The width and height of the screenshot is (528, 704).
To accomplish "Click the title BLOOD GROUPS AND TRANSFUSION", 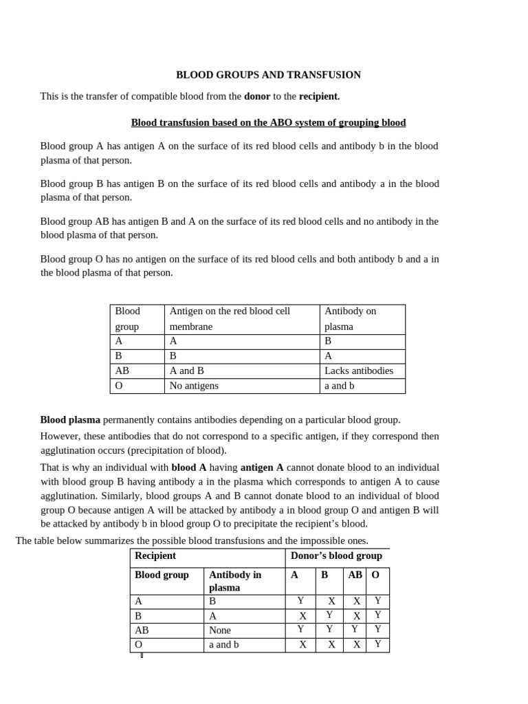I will (268, 75).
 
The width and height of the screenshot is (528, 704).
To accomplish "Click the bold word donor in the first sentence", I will (257, 96).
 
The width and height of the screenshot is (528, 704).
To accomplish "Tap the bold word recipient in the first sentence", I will (319, 96).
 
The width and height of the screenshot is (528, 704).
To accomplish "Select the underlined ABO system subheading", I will (268, 122).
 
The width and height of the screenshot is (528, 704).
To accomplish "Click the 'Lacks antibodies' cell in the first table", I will (358, 371).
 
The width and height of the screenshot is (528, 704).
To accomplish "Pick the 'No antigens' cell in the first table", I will (194, 386).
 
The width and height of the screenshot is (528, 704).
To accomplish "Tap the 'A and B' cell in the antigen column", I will (186, 371).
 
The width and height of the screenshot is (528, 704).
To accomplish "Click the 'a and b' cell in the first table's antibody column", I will (339, 386).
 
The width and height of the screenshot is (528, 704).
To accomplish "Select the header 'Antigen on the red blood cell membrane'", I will (230, 318).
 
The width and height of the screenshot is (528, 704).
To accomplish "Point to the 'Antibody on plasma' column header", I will (350, 318).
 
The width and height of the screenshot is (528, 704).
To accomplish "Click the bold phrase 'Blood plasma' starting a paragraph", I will (70, 419).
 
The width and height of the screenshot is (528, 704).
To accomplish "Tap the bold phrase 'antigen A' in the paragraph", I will (262, 467).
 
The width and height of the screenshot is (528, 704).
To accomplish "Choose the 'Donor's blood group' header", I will (336, 555).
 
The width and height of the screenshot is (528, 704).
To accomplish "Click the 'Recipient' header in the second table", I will (155, 555).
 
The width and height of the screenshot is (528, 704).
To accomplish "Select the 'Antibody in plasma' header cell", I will (234, 581).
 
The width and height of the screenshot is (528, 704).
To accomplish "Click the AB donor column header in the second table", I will (355, 575).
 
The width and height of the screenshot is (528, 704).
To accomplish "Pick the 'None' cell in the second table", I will (220, 630).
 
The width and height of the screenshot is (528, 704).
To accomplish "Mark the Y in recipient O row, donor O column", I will (377, 644).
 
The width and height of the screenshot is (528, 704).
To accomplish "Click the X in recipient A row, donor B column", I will (331, 601).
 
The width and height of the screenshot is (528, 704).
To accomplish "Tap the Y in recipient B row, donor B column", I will (329, 615).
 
